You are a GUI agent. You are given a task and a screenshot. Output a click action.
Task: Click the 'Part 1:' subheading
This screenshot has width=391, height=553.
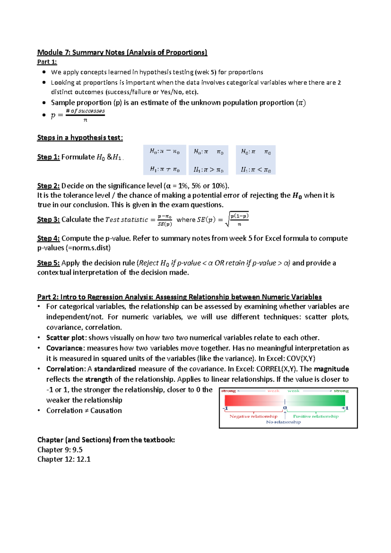[x=47, y=62]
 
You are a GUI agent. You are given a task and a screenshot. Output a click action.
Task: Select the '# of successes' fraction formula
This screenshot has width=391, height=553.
[x=85, y=115]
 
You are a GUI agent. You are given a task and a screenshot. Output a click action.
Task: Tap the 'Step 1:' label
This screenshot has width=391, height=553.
[x=48, y=157]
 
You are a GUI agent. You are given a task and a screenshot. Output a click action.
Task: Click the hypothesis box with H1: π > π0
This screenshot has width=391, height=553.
[x=209, y=160]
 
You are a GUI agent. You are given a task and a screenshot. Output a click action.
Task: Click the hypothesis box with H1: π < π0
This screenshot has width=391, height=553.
[x=256, y=160]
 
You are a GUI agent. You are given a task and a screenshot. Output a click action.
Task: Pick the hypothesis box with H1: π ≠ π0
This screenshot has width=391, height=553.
[x=165, y=160]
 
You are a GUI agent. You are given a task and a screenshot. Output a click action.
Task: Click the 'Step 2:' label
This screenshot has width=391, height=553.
[x=48, y=186]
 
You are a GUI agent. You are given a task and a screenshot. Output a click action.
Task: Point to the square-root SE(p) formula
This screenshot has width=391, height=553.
[x=237, y=219]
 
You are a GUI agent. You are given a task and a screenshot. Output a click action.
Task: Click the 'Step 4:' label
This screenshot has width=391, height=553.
[x=48, y=238]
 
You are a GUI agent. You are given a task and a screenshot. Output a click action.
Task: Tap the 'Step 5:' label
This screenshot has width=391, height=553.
[x=48, y=263]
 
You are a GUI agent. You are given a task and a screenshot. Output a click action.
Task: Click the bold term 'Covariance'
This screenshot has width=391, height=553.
[x=65, y=348]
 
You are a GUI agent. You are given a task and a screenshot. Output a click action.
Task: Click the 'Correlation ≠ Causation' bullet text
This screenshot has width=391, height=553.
[x=84, y=411]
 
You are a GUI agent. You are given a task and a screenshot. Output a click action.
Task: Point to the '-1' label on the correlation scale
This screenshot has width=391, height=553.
[x=225, y=408]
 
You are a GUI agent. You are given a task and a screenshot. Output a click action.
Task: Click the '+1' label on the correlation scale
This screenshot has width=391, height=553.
[x=345, y=408]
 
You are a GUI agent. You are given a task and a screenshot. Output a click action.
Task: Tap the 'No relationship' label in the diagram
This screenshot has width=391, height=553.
[x=283, y=422]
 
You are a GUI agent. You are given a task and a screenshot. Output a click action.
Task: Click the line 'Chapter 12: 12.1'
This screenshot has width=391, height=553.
[x=64, y=459]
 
